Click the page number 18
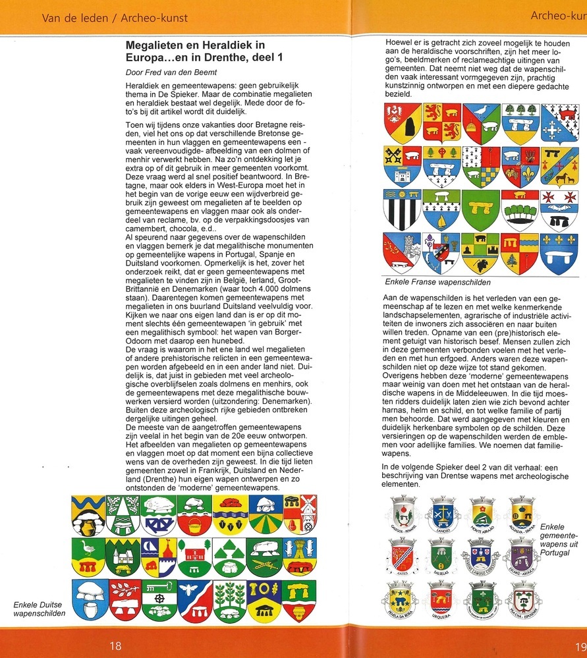point(115,645)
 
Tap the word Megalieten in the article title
point(157,45)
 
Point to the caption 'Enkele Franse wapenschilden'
point(437,282)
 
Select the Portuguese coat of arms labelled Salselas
point(440,552)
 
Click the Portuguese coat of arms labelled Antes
point(402,552)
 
